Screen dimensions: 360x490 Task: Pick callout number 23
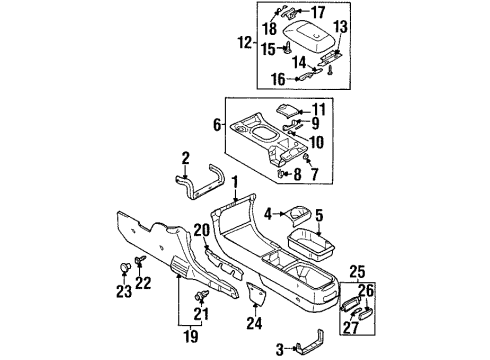pyautogui.click(x=123, y=292)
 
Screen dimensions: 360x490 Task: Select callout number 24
pyautogui.click(x=253, y=322)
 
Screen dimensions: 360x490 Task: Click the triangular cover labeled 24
pyautogui.click(x=254, y=295)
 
